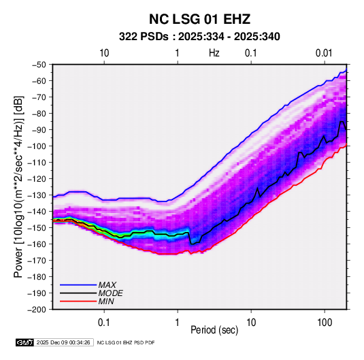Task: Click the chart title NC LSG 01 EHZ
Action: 199,19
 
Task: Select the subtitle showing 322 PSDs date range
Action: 199,37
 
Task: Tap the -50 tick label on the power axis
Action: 39,65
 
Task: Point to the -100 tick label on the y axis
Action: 37,146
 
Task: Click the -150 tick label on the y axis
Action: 37,228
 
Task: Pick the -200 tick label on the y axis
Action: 37,310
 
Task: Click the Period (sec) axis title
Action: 214,330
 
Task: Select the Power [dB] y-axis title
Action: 18,186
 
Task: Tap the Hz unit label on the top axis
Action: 214,53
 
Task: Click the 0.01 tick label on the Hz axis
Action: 324,53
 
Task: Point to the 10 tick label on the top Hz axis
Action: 104,53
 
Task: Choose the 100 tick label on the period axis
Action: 325,323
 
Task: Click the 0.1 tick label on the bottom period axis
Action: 103,323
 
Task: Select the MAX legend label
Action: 107,285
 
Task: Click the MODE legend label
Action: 110,293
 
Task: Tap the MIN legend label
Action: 106,301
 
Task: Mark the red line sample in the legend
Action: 78,301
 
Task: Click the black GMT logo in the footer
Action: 25,342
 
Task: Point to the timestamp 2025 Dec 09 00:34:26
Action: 63,342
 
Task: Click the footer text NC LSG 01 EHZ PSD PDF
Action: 126,342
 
